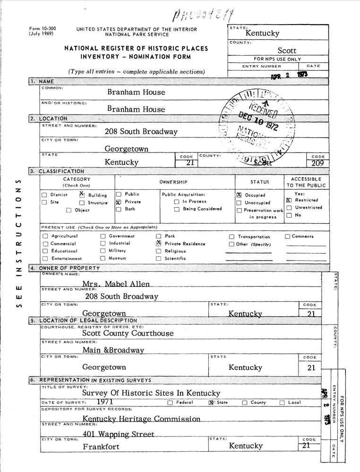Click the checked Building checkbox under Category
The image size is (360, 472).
82,194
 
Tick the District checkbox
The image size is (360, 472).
44,195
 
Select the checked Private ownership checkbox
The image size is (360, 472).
119,202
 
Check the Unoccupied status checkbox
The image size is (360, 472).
239,202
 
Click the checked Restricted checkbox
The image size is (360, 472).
289,200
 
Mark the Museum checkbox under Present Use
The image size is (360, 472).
103,258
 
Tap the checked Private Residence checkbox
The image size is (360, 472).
159,244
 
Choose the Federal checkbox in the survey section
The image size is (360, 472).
170,403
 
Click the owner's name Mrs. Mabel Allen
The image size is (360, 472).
116,284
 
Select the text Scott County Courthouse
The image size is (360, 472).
128,333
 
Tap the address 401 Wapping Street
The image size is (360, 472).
119,434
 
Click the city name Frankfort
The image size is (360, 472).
101,447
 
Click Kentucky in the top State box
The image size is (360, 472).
262,33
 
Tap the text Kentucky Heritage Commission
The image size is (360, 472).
141,418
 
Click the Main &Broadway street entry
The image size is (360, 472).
113,350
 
